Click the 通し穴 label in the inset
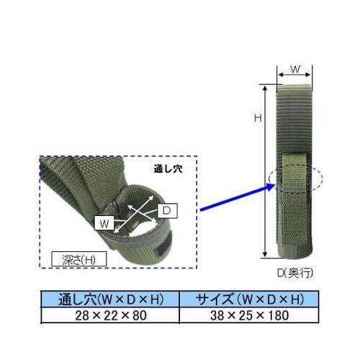click(168, 170)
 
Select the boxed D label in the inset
click(165, 210)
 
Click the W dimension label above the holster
click(294, 69)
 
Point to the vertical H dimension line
click(266, 169)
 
